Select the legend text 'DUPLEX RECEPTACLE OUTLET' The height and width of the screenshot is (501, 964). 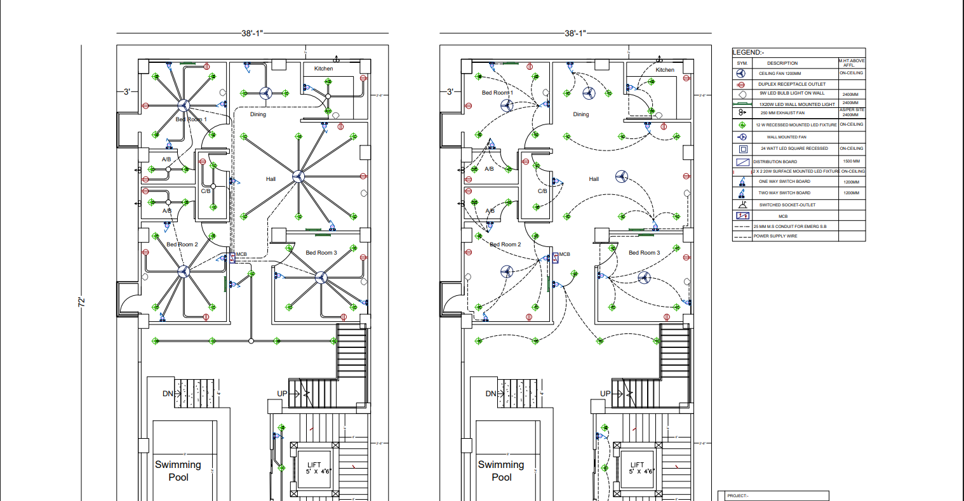pos(791,84)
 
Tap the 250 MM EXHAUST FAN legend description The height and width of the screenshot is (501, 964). pos(782,113)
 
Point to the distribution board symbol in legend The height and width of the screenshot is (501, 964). pos(742,162)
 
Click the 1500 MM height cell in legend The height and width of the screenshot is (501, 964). pos(851,161)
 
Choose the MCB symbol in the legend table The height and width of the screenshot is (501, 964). pos(742,216)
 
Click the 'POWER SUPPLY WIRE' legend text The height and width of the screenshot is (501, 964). pos(775,236)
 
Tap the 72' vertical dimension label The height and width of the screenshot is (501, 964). pos(82,302)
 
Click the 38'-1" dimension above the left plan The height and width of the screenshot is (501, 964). pos(251,33)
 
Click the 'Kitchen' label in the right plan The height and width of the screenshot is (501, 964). pos(664,70)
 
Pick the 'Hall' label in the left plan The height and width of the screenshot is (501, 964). pos(271,179)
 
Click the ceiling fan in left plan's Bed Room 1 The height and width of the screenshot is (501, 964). pos(183,106)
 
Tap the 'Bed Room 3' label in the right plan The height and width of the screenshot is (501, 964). pos(644,253)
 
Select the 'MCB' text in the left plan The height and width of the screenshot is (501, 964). pos(241,255)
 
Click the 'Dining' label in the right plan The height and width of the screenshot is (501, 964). pos(580,115)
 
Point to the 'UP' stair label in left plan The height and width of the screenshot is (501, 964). pos(282,394)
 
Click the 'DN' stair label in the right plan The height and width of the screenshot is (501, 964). pos(490,394)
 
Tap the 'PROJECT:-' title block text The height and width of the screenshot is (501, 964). pos(737,496)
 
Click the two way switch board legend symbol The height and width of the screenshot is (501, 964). pos(741,192)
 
